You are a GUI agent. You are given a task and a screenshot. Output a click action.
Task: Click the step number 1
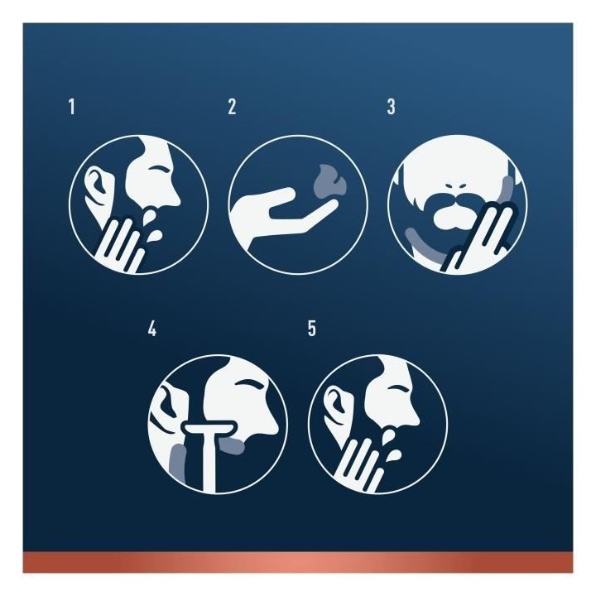[72, 107]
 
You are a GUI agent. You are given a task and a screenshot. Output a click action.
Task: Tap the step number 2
[233, 107]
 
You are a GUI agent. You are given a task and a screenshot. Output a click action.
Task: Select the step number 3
[391, 107]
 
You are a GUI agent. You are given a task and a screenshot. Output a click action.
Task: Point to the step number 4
[152, 329]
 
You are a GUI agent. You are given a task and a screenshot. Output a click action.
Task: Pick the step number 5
[312, 329]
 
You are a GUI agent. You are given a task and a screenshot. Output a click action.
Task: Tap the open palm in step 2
[281, 217]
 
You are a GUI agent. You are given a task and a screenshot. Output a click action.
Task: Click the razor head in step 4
[210, 429]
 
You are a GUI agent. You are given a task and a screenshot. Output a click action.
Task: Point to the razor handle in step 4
[209, 463]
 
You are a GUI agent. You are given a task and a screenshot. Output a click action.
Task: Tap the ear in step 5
[338, 406]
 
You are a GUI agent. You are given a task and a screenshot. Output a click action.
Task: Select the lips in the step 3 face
[454, 217]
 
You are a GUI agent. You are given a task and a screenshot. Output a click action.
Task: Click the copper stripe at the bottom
[298, 563]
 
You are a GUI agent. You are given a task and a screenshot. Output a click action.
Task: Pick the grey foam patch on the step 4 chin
[233, 446]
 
